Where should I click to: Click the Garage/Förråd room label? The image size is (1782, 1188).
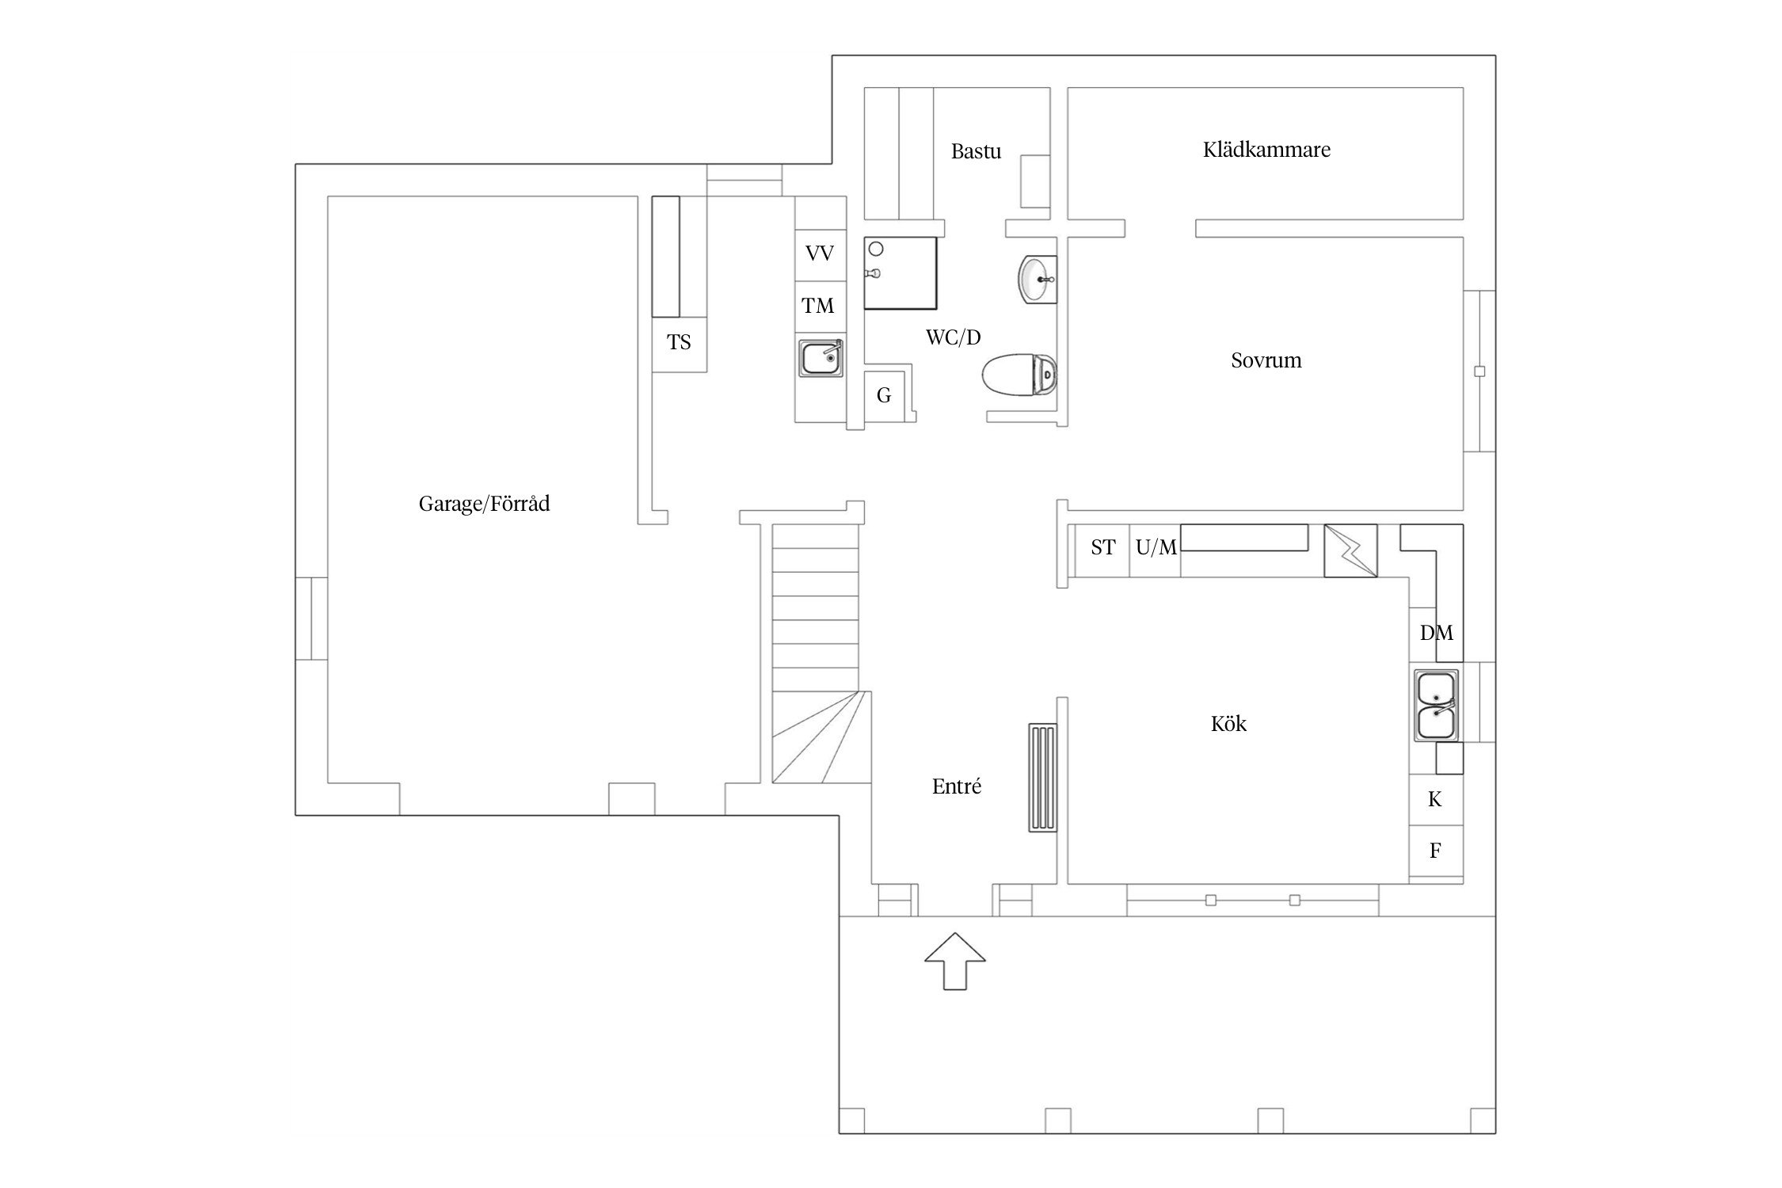tap(484, 504)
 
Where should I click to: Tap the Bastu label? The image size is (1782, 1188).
tap(976, 151)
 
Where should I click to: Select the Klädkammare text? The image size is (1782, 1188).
tap(1266, 150)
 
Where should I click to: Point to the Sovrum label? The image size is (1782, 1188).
tap(1266, 360)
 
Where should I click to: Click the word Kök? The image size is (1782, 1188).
tap(1228, 723)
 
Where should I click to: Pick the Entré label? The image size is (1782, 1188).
tap(957, 786)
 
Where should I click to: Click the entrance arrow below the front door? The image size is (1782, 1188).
tap(955, 961)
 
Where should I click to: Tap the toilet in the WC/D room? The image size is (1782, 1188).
tap(1019, 372)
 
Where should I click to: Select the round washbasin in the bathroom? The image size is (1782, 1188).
tap(1037, 279)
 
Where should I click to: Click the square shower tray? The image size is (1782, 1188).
tap(900, 272)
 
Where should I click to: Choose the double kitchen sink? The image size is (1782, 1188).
tap(1437, 705)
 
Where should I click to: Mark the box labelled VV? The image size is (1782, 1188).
tap(821, 254)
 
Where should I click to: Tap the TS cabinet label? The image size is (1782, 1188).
tap(679, 342)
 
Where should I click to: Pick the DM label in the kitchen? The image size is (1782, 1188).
tap(1437, 633)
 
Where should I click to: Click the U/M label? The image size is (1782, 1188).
tap(1156, 547)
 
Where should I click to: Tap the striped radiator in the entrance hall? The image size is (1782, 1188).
tap(1042, 777)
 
